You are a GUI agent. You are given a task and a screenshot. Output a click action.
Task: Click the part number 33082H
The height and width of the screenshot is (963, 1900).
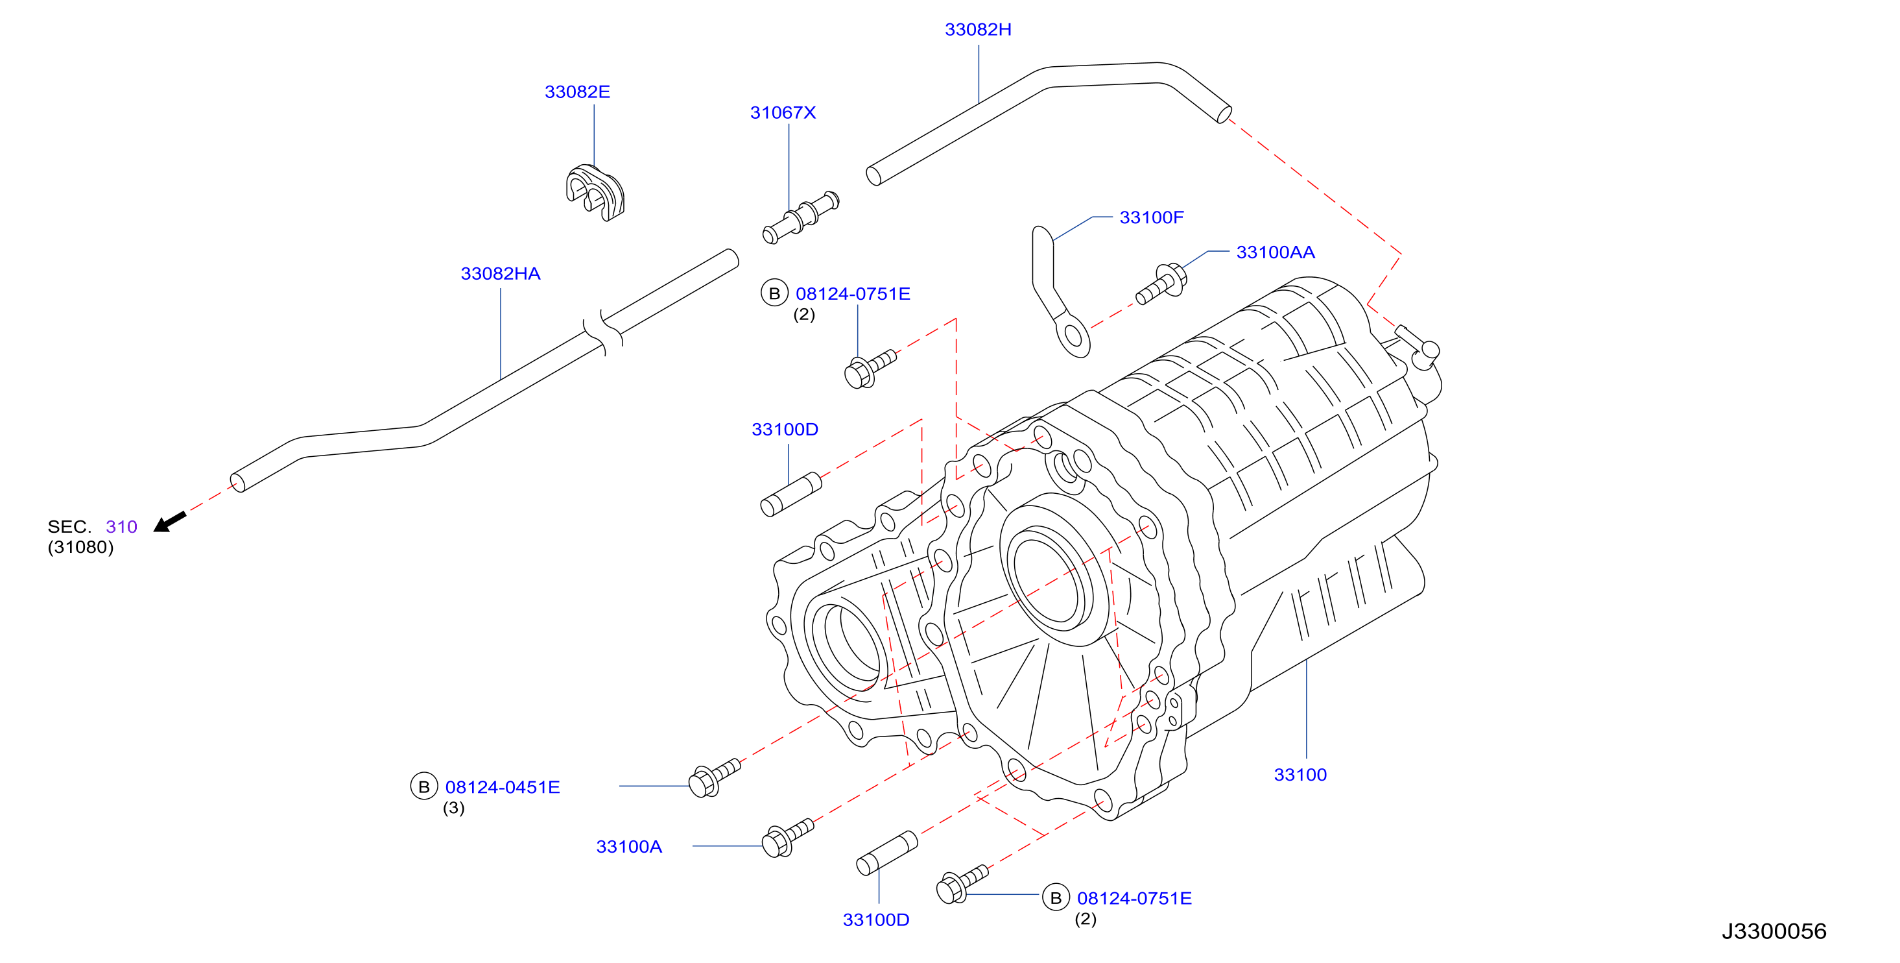978,29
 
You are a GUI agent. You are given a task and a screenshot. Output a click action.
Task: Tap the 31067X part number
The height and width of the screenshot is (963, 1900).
783,112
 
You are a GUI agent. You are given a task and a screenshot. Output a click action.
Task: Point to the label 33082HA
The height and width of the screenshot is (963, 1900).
500,274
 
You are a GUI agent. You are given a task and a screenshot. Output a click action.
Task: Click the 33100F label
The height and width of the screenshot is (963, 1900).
1152,217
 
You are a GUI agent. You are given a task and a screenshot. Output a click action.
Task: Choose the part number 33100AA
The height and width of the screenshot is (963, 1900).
1276,252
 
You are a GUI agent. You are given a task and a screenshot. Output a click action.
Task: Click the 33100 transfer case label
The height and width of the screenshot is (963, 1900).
1300,775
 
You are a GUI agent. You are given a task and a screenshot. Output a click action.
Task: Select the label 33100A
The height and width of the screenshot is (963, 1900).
628,846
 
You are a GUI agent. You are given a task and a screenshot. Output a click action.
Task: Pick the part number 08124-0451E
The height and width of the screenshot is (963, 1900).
503,787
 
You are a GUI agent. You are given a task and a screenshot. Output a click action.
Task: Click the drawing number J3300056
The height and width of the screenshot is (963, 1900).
1774,931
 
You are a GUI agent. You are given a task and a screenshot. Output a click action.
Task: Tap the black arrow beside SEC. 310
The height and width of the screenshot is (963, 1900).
170,522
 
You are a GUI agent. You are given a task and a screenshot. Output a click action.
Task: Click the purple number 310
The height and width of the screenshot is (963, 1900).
121,527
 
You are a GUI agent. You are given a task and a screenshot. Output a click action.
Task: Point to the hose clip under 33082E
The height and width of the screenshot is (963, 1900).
595,192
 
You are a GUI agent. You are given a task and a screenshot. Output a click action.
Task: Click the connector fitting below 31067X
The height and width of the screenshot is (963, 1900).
800,217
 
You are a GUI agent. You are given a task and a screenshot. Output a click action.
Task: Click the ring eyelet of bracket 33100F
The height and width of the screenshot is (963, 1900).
1073,337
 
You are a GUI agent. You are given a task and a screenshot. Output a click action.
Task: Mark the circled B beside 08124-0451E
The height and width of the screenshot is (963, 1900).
423,786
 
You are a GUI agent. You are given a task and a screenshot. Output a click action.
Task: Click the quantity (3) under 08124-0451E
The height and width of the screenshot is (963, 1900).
454,808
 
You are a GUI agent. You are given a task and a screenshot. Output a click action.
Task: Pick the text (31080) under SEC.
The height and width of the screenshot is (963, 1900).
80,548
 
